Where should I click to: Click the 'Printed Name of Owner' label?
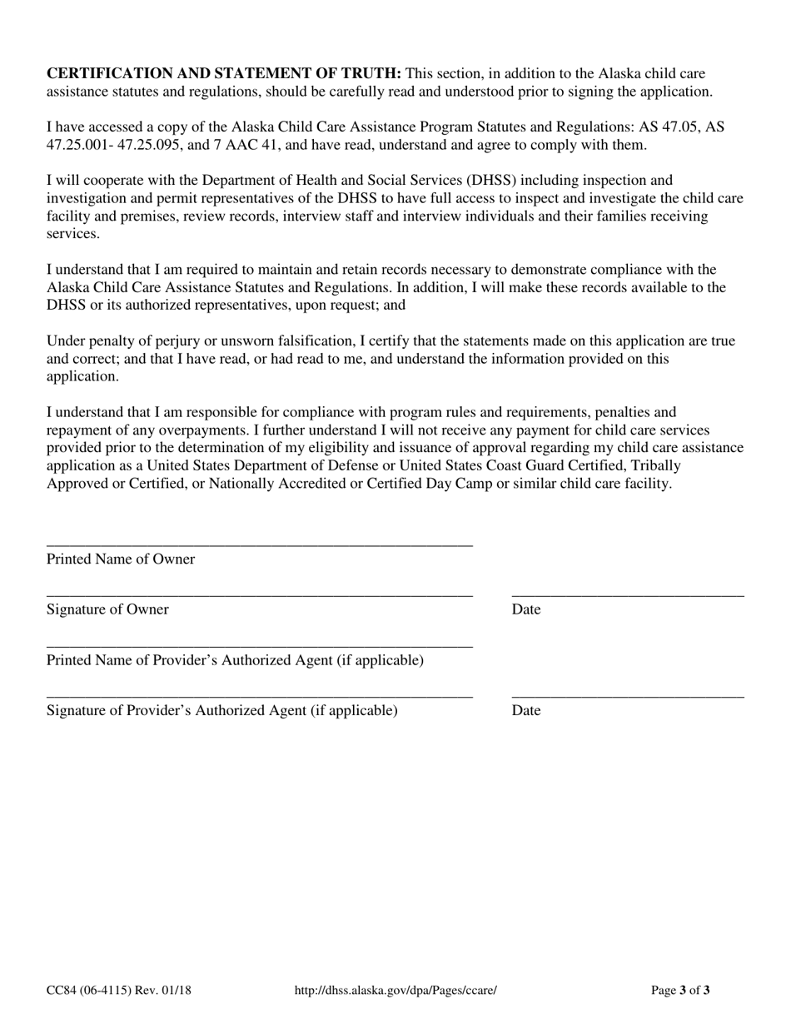(121, 559)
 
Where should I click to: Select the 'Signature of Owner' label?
(107, 609)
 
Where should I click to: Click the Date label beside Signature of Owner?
(526, 609)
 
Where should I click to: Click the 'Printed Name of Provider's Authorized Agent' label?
(235, 660)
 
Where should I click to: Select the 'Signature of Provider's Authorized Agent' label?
(221, 710)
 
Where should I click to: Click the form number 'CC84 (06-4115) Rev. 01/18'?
(118, 991)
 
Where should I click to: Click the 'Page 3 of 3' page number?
(679, 991)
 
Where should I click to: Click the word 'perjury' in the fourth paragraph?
(164, 341)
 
